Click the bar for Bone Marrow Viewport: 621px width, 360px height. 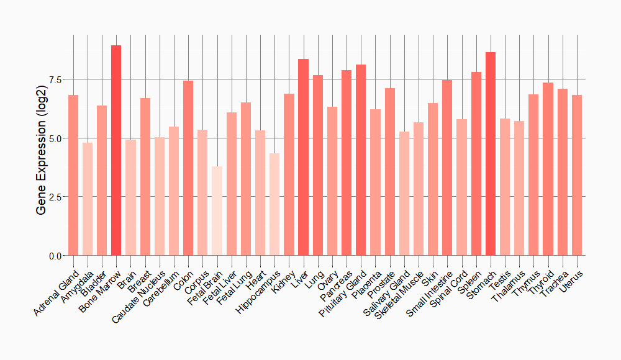[x=116, y=150]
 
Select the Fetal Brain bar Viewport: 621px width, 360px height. [x=217, y=211]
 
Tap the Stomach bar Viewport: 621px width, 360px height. [x=491, y=154]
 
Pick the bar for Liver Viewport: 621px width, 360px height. [x=303, y=157]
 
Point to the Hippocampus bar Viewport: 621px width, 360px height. [x=274, y=204]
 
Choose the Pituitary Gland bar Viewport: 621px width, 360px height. [x=361, y=160]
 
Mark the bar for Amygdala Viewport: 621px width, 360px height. [x=88, y=199]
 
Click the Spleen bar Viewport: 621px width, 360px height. [x=476, y=164]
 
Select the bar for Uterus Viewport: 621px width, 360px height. [x=577, y=175]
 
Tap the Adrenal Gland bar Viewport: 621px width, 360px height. [x=73, y=175]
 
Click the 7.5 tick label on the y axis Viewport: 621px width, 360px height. [x=56, y=79]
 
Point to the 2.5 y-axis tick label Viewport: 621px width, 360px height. [x=56, y=197]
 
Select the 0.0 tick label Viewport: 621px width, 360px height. [x=56, y=256]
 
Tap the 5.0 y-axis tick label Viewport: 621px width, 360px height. [x=56, y=138]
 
